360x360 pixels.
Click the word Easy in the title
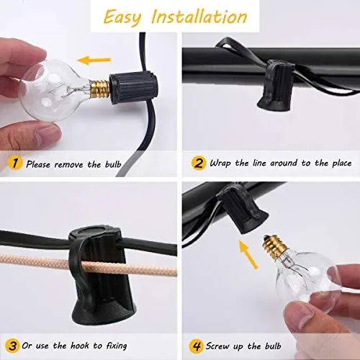click(x=122, y=17)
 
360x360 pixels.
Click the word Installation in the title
click(x=199, y=17)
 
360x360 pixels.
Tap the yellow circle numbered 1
click(x=15, y=163)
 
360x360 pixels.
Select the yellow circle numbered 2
click(x=198, y=163)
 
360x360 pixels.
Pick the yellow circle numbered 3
click(x=12, y=346)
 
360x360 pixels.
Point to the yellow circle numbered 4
click(x=197, y=346)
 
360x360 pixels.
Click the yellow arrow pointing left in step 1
click(x=94, y=60)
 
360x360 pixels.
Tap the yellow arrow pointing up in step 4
click(x=248, y=254)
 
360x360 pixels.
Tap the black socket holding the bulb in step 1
click(x=134, y=89)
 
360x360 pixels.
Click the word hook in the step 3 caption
click(x=81, y=346)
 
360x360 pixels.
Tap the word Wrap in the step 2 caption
click(x=220, y=163)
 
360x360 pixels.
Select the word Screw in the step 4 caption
click(x=217, y=346)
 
